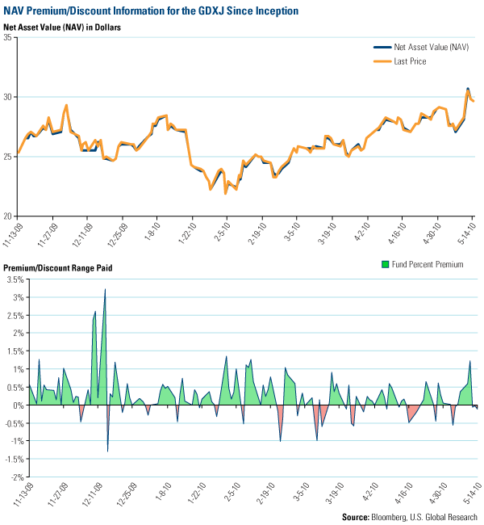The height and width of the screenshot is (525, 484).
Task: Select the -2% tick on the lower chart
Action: point(14,477)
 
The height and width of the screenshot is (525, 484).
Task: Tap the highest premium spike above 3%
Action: point(106,289)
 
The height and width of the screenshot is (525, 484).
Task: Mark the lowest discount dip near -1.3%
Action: point(108,451)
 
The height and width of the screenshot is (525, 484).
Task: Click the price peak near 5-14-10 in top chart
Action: point(468,90)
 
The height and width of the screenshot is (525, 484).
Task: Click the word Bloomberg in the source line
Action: point(389,516)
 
